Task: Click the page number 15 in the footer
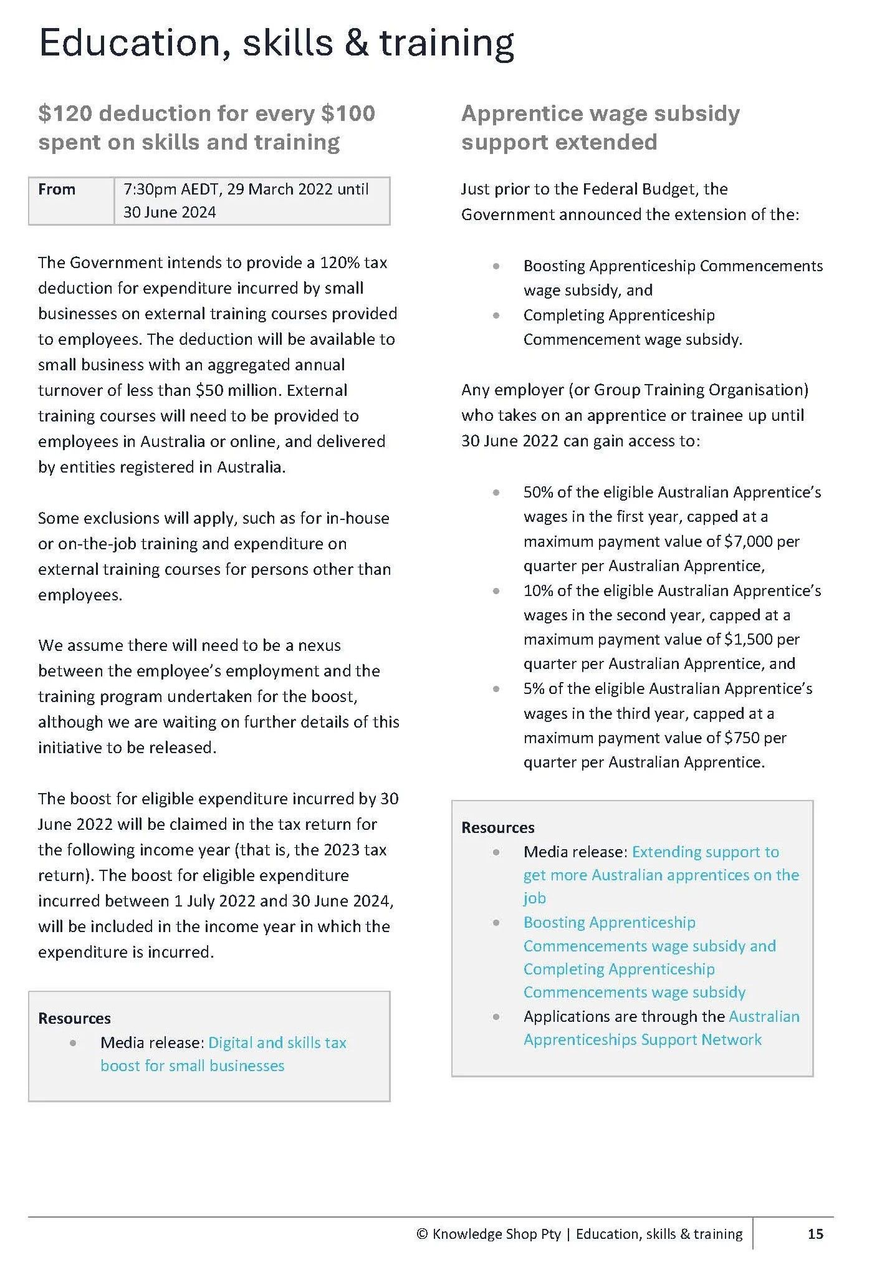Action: coord(815,1234)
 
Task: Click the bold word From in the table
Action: coord(57,190)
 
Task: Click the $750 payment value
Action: coord(742,738)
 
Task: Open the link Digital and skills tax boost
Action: coord(277,1043)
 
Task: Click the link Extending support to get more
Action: coord(705,852)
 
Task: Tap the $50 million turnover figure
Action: coord(236,391)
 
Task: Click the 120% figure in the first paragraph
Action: coord(340,262)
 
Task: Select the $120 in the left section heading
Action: coord(65,113)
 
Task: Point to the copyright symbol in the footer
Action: coord(422,1234)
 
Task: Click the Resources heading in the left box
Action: coord(74,1018)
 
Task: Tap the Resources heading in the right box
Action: coord(497,827)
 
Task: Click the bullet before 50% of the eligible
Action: coord(496,493)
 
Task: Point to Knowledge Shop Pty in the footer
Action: coord(496,1234)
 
